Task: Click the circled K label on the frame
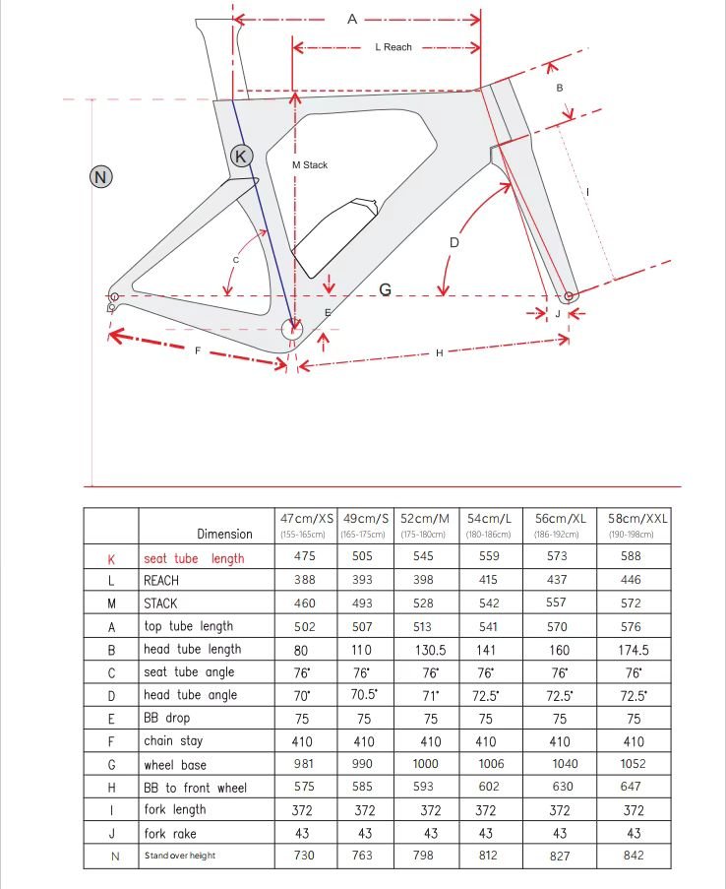coord(242,155)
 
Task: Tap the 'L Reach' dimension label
coord(393,47)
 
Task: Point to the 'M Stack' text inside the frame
coord(310,165)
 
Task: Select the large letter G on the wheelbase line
coord(386,289)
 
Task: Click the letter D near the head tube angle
coord(454,242)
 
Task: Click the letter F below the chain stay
coord(197,350)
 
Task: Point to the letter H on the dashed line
coord(440,352)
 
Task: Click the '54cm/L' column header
coord(489,518)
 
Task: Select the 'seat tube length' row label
coord(194,558)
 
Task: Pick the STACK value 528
coord(431,603)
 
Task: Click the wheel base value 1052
coord(632,764)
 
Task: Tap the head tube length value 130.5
coord(431,650)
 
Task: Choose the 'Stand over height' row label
coord(179,856)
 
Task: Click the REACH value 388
coord(305,581)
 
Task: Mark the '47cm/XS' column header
coord(307,518)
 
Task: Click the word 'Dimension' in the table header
coord(224,534)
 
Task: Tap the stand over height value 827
coord(560,856)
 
